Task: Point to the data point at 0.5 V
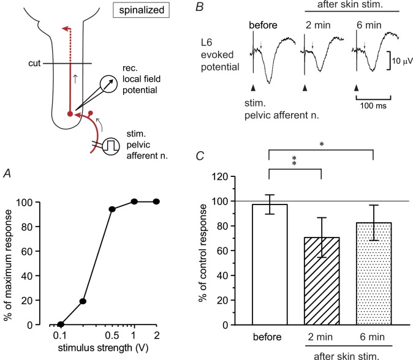(x=112, y=209)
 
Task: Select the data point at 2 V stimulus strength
(x=156, y=201)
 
